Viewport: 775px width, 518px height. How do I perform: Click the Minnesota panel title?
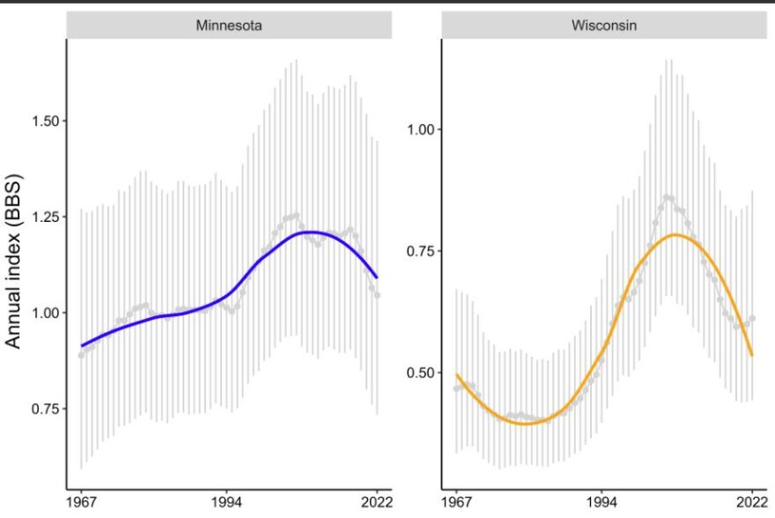coord(228,26)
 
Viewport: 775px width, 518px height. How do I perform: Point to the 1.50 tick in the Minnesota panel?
coord(41,121)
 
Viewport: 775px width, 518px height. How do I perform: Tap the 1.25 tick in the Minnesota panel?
coord(41,217)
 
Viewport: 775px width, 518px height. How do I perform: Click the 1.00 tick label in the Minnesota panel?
coord(41,313)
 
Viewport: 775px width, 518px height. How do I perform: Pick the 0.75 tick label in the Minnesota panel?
coord(41,409)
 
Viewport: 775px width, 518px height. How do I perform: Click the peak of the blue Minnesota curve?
coord(310,233)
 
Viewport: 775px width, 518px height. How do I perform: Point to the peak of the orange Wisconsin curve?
coord(676,234)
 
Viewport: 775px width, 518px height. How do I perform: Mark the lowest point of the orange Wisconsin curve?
coord(526,424)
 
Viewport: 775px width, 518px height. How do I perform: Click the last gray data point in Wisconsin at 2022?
coord(752,318)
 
